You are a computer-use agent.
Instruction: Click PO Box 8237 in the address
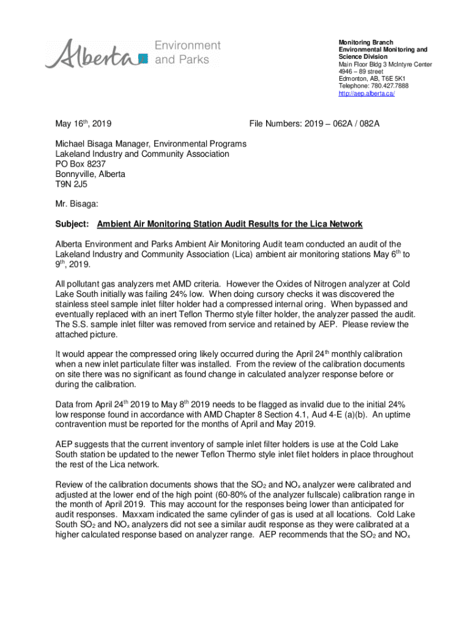tap(80, 164)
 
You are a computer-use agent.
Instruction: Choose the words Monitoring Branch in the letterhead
tap(366, 42)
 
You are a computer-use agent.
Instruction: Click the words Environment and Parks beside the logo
tap(187, 53)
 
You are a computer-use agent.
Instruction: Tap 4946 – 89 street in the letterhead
tap(362, 72)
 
